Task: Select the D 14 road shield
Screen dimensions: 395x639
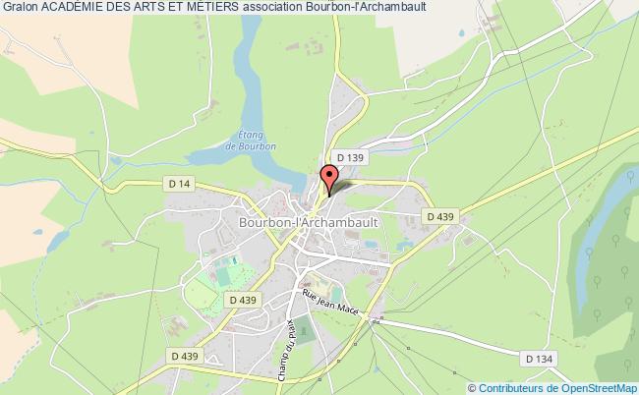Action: click(x=178, y=183)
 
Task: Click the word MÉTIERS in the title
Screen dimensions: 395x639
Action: click(x=214, y=10)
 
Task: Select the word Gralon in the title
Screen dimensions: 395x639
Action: click(x=17, y=10)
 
